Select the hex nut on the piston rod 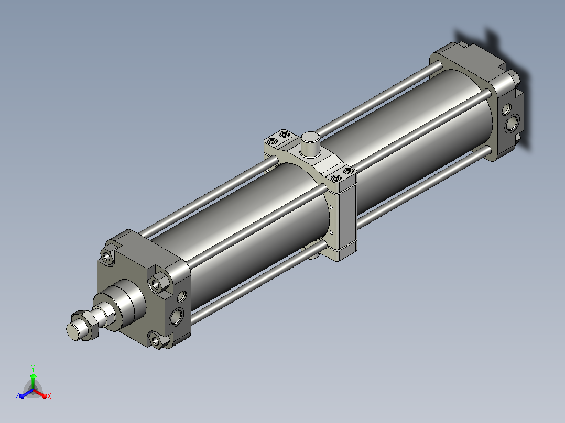[85, 325]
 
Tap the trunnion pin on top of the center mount [310, 144]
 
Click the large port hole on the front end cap [176, 316]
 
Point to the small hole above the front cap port [181, 297]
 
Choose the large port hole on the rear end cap [512, 123]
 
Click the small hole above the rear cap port [506, 109]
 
